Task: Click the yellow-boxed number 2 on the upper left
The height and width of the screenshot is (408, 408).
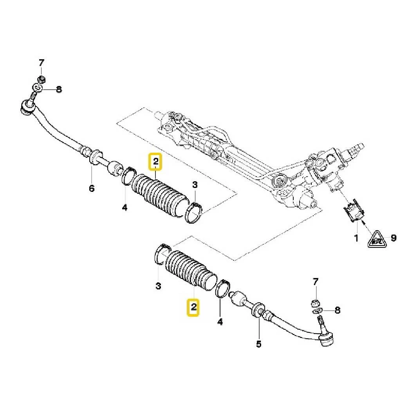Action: (155, 161)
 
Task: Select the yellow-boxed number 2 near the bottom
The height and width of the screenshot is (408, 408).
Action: (193, 307)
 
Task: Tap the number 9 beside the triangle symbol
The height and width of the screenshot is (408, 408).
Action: (394, 238)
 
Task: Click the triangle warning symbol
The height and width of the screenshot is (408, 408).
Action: (376, 239)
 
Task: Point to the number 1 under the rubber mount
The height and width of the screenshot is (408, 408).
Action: (356, 238)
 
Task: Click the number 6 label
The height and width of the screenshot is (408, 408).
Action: (91, 189)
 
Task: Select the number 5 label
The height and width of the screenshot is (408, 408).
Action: (258, 344)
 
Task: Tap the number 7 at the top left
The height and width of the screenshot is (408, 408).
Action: (42, 63)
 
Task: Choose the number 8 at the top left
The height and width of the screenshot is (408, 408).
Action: (59, 89)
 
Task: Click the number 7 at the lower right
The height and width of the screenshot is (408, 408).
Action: (316, 281)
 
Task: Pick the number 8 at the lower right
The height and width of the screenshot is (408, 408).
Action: (337, 311)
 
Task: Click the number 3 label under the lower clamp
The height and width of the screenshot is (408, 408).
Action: (158, 286)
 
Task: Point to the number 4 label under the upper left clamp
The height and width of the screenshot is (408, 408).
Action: (125, 208)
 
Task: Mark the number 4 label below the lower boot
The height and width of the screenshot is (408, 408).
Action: (220, 322)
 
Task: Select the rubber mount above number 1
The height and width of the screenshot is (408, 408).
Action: (355, 210)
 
